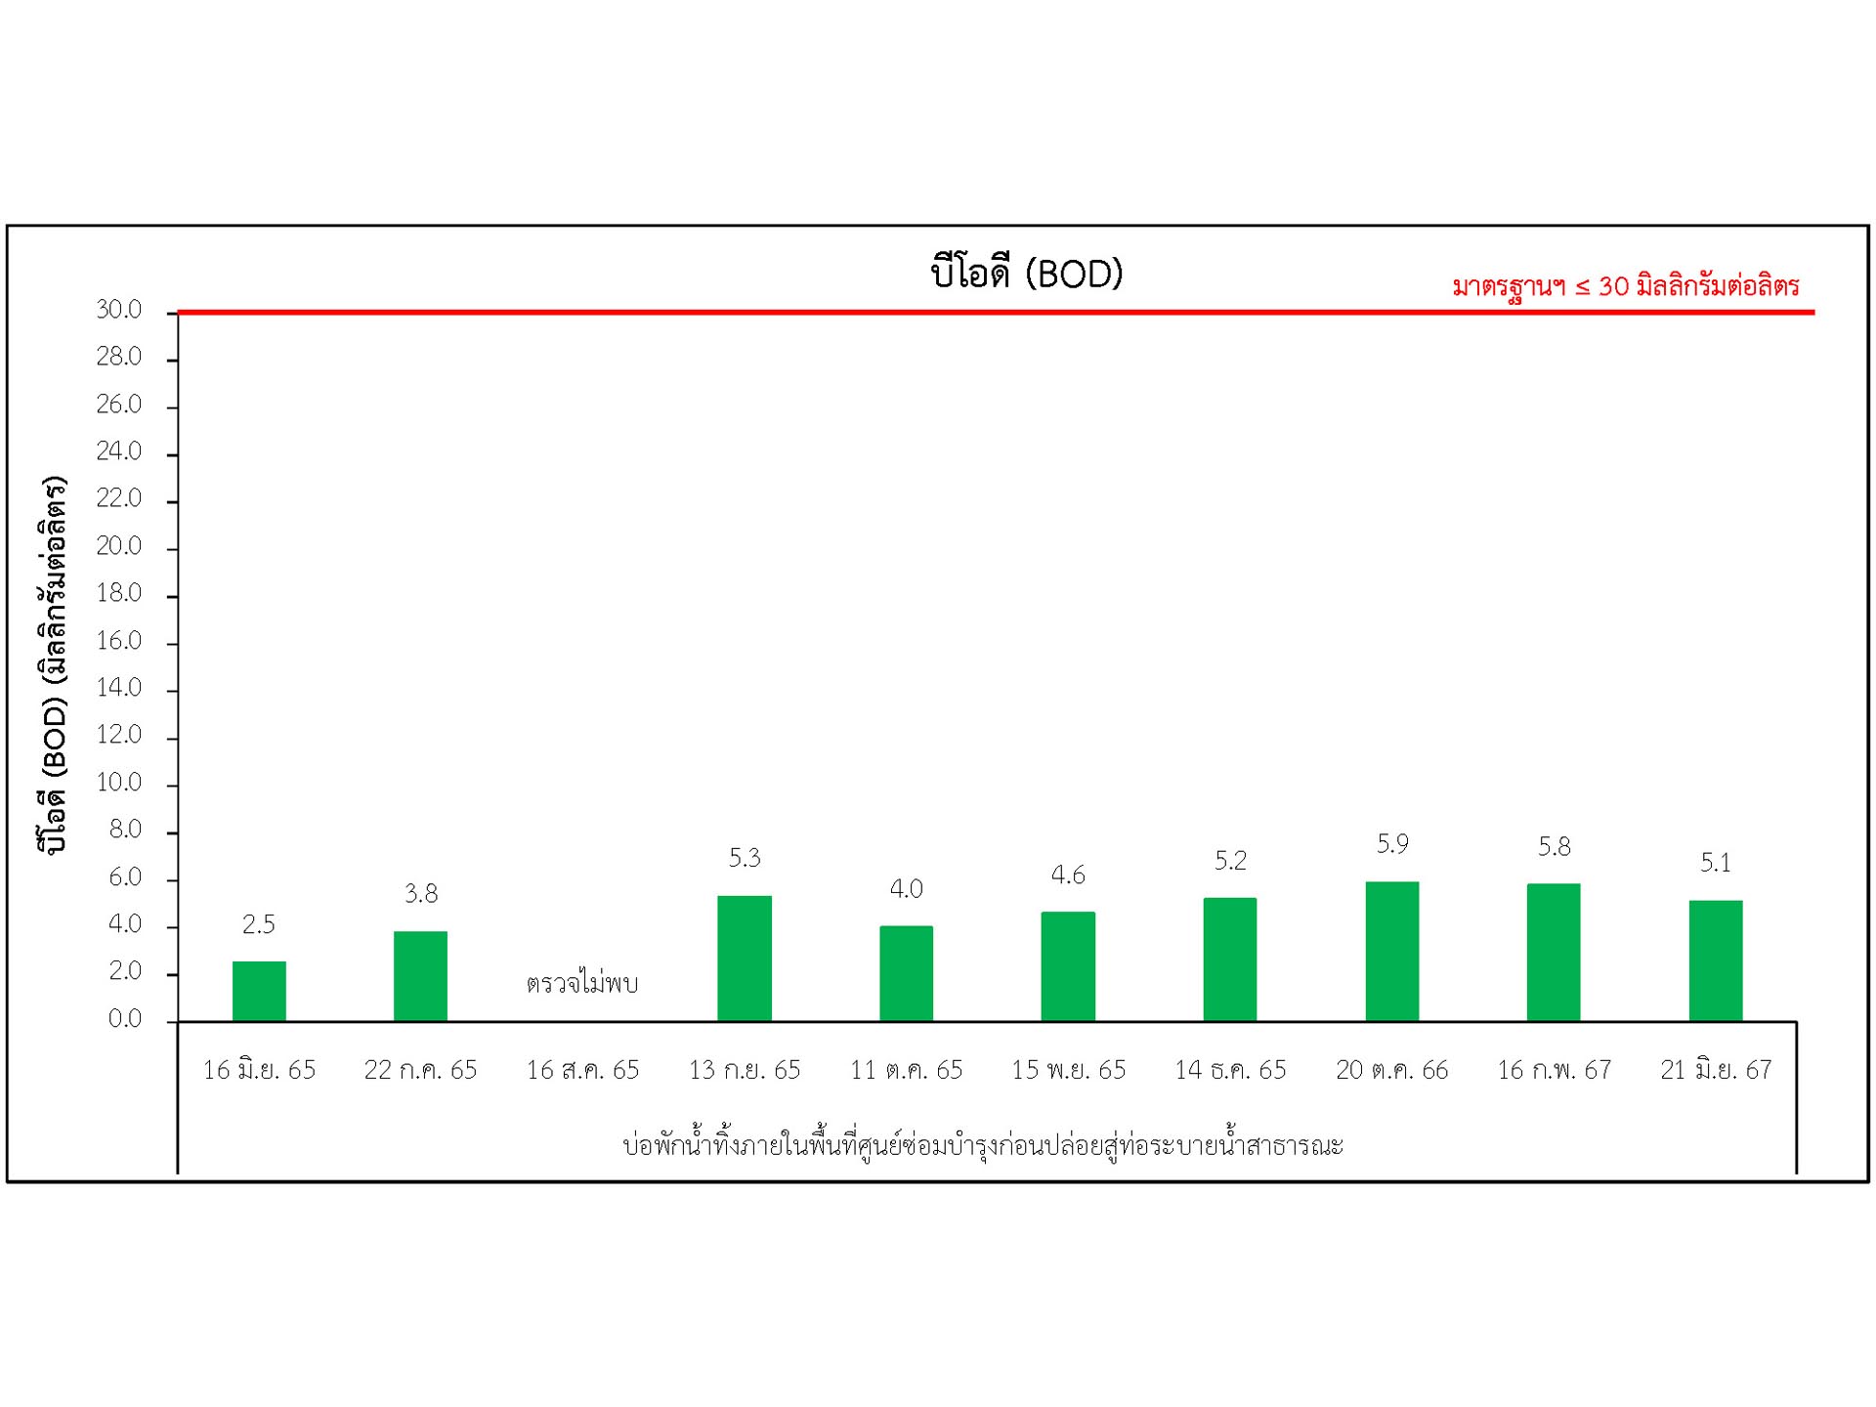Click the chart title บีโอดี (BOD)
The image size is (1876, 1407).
(x=1026, y=274)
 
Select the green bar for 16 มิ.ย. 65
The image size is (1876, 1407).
(x=259, y=991)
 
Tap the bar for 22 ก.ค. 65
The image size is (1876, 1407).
(x=420, y=976)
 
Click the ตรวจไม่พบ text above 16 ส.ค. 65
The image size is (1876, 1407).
(x=582, y=983)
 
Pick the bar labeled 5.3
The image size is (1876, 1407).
(x=745, y=958)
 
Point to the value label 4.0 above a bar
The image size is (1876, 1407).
(x=906, y=889)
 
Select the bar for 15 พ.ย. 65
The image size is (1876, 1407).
(x=1068, y=966)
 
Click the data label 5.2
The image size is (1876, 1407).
(x=1230, y=861)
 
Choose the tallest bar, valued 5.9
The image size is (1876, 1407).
(x=1392, y=951)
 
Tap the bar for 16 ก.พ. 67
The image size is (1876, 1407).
(x=1554, y=952)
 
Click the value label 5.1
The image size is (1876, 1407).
(x=1716, y=863)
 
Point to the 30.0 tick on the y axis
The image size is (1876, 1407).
(x=119, y=311)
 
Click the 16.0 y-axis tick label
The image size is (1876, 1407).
(x=119, y=641)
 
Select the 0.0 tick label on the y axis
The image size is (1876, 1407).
(x=125, y=1019)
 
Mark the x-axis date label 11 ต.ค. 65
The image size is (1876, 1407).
(x=906, y=1071)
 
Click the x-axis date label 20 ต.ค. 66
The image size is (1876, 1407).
(x=1392, y=1071)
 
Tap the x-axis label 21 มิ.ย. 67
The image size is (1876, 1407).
(x=1716, y=1071)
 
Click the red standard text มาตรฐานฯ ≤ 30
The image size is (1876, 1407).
(x=1625, y=287)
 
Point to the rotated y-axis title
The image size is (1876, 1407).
(x=53, y=664)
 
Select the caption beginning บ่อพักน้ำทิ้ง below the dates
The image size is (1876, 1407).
(x=983, y=1145)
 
